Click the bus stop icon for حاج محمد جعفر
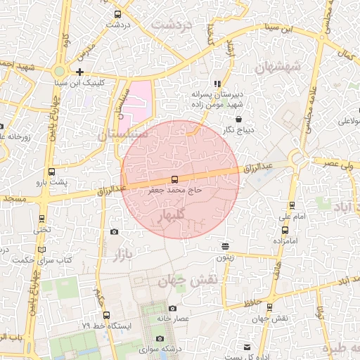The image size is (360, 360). [174, 180]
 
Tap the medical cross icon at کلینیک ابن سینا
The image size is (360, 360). [80, 72]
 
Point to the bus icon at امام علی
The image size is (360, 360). [292, 205]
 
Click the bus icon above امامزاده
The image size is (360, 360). [283, 229]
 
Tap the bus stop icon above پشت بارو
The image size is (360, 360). [51, 172]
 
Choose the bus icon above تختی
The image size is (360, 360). [41, 219]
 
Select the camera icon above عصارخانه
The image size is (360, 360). [172, 308]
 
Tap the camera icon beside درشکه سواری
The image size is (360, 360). [160, 339]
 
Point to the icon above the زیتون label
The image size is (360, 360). [224, 246]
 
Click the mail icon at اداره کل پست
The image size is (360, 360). [246, 347]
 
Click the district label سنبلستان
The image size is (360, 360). [122, 131]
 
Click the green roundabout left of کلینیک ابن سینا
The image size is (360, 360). [59, 71]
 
